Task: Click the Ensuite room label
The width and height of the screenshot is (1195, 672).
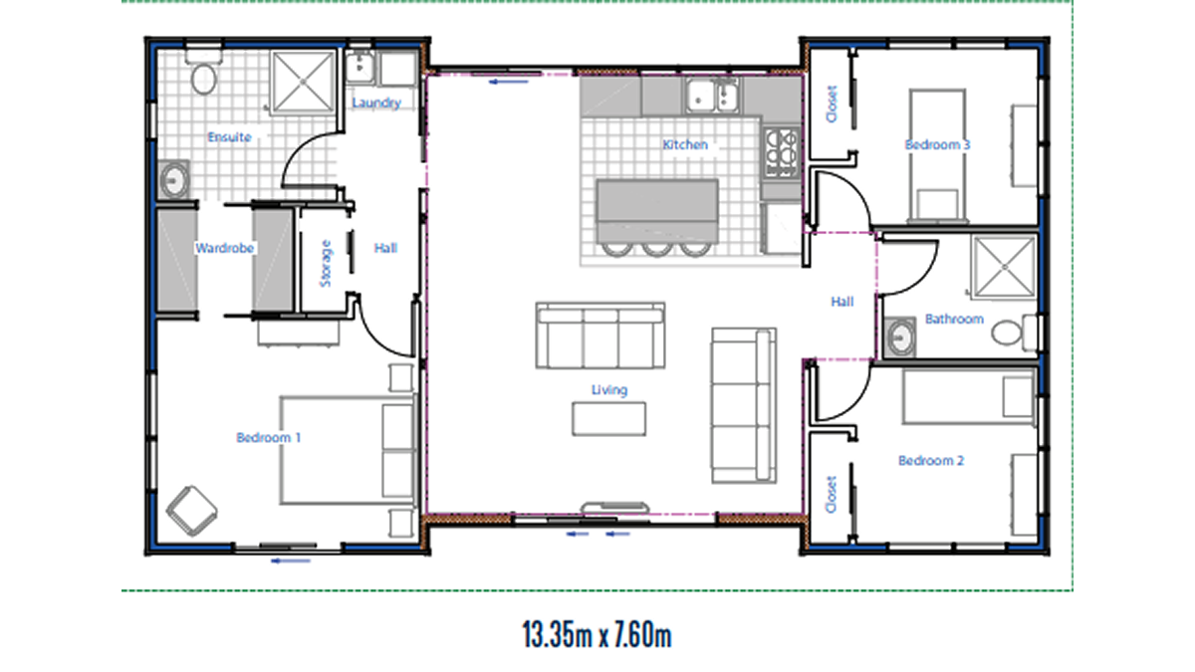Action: [x=229, y=137]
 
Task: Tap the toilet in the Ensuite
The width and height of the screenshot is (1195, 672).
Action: [x=203, y=72]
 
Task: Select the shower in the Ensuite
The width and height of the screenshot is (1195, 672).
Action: [x=303, y=82]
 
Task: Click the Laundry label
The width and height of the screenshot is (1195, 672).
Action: [x=376, y=103]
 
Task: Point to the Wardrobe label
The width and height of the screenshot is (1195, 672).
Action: [x=225, y=248]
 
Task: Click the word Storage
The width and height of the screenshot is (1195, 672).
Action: [x=326, y=264]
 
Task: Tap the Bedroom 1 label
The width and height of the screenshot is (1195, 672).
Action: [x=269, y=437]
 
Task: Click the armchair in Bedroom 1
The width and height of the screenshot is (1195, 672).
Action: [x=191, y=511]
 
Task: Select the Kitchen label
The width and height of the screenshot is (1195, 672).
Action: [x=685, y=144]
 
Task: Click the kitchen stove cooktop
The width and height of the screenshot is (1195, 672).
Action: [x=782, y=153]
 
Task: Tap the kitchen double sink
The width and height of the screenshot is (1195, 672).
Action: [x=713, y=96]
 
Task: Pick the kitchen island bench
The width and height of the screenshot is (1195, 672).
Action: [x=657, y=212]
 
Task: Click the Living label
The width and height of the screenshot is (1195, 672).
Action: [x=609, y=390]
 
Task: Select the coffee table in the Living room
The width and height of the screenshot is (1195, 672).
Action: [x=609, y=419]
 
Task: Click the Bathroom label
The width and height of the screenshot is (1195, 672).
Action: [x=954, y=319]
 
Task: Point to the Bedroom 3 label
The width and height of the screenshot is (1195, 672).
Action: [x=937, y=144]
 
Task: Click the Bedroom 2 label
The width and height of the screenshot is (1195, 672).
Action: [x=931, y=460]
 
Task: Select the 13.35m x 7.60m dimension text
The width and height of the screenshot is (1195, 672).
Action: [x=597, y=635]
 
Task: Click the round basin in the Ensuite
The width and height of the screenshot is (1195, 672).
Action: [x=174, y=180]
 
